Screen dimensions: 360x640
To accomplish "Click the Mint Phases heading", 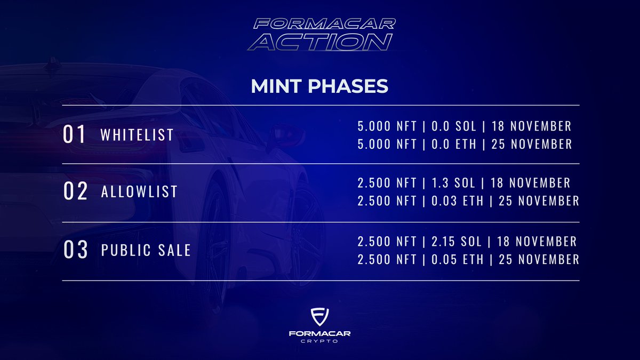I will [x=319, y=87].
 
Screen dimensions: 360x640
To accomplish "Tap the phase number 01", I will [x=74, y=134].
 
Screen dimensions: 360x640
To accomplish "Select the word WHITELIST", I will [x=137, y=134].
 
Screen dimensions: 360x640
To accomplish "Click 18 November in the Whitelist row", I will [x=531, y=126].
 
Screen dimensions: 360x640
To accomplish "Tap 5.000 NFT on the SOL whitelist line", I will [x=387, y=126].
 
